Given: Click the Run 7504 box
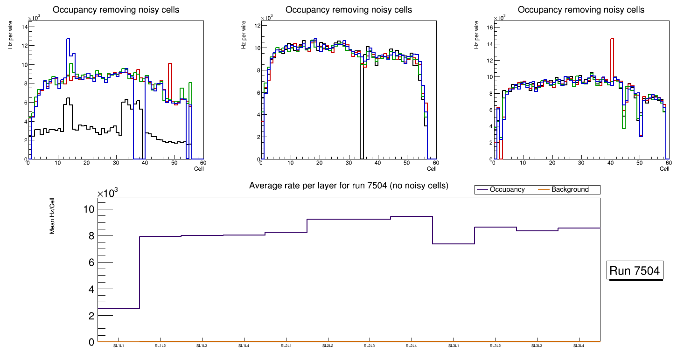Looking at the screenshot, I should point(635,271).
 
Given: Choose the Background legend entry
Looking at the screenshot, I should point(570,190).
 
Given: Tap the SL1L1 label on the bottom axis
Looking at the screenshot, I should point(119,346).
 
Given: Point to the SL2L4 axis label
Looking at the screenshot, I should point(411,346).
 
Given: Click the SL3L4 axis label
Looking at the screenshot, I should point(579,346).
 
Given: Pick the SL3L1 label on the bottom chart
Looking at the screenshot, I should point(453,346).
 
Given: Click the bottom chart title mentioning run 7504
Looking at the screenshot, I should point(349,186).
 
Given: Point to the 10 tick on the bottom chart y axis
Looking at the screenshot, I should point(88,209).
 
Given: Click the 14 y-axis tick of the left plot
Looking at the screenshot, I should point(23,27).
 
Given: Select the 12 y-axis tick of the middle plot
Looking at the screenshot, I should point(256,26).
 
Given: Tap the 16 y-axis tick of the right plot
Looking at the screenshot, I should point(489,27).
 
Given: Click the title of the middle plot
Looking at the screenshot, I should point(349,10).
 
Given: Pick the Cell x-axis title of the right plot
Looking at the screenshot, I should point(664,169).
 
